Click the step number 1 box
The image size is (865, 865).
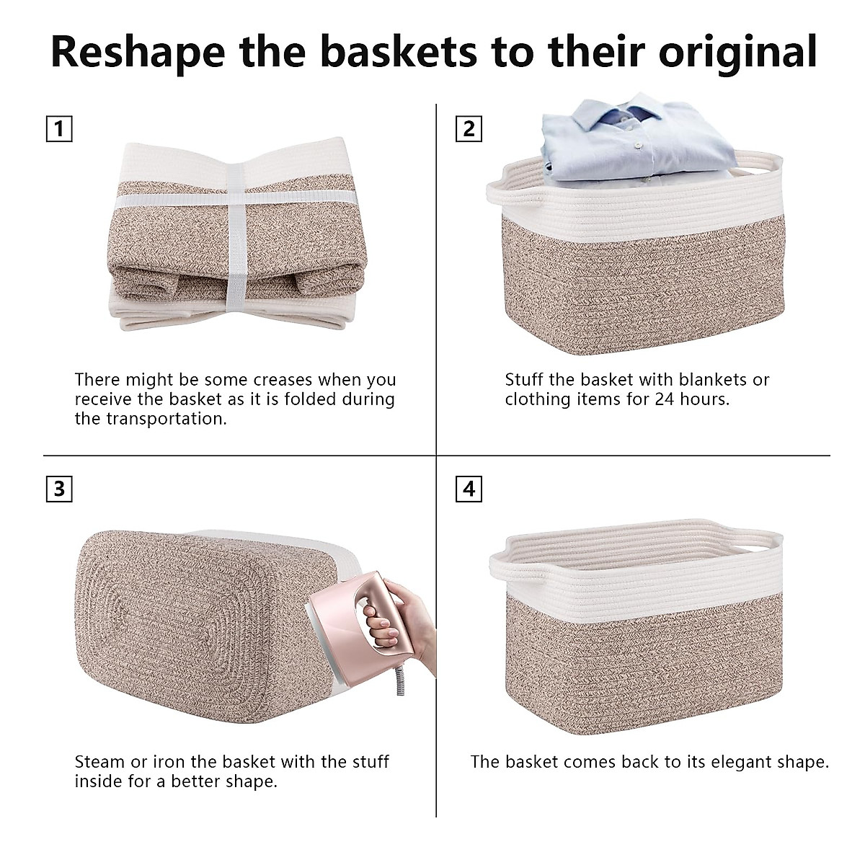[x=59, y=129]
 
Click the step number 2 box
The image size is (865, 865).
[x=469, y=129]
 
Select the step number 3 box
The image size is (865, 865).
[x=59, y=489]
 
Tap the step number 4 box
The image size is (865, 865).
[x=469, y=489]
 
